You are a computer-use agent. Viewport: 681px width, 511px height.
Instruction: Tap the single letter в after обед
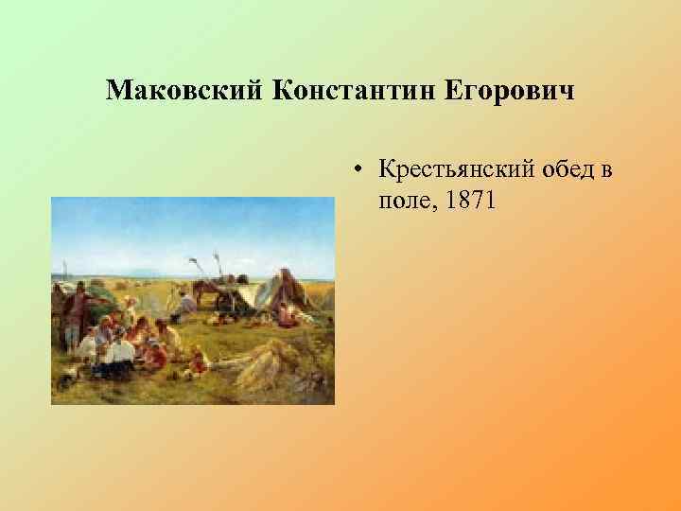[605, 170]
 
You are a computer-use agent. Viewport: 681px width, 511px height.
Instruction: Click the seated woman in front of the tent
[285, 312]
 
